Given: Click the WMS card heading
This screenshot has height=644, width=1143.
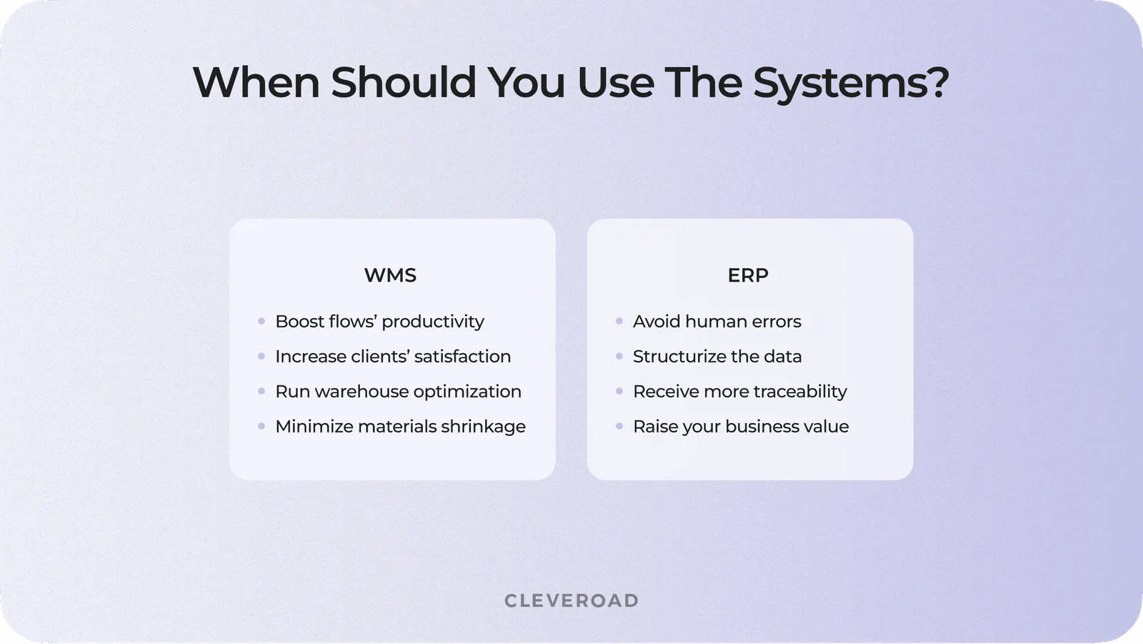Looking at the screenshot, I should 390,275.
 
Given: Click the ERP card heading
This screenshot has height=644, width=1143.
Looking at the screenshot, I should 748,275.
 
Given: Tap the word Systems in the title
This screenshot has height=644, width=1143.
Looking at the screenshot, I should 851,83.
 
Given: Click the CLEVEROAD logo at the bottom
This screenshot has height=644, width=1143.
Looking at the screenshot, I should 571,600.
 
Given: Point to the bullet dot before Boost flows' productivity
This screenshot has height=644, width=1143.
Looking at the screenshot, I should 261,322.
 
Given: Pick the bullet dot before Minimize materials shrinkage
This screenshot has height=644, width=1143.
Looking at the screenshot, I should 261,427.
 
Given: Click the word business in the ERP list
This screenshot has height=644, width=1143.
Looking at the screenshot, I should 761,427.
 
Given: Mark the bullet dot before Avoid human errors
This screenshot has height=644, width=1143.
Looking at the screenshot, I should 619,322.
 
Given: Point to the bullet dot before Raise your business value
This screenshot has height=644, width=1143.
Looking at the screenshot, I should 619,427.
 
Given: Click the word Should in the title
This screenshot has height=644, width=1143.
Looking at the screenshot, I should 404,83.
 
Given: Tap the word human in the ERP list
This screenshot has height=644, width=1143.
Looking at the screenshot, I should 715,322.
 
